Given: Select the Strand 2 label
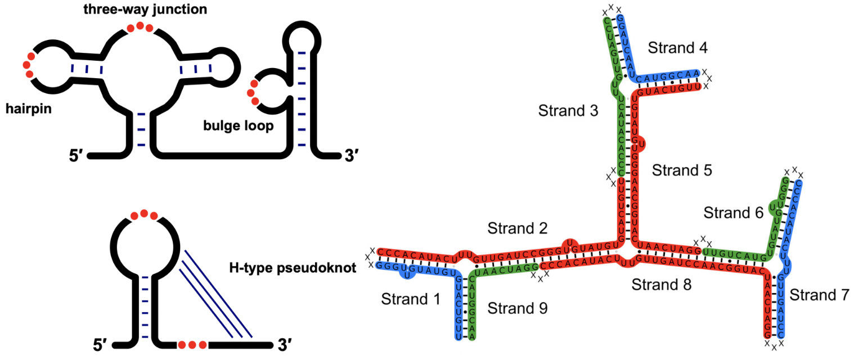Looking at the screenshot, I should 518,228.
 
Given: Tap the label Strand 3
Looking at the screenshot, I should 568,110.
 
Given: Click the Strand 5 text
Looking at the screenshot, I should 682,170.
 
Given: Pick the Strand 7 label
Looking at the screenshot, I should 818,295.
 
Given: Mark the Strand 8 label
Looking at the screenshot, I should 662,284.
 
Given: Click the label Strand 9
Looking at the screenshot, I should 517,308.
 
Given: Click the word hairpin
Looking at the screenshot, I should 28,109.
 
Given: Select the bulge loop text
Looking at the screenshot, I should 239,126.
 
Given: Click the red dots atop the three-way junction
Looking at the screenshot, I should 140,28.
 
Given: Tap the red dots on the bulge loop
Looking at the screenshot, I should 254,93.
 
